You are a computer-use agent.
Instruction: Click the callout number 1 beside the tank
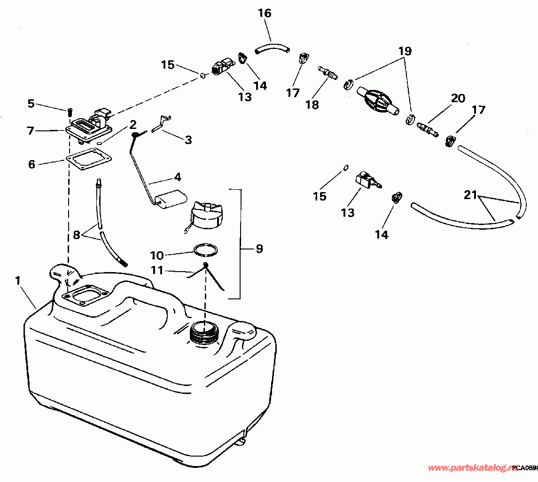point(18,281)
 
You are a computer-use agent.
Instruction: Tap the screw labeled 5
point(69,112)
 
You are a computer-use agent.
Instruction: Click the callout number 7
point(31,130)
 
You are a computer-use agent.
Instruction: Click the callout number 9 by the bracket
point(259,249)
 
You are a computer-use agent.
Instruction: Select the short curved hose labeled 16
point(273,47)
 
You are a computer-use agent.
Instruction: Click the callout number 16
point(265,13)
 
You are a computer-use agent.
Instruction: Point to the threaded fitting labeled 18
point(328,73)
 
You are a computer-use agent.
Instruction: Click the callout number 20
point(458,98)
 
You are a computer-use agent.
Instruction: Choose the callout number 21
point(470,195)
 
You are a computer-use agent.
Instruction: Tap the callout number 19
point(405,51)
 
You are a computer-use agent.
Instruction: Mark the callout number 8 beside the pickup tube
point(76,234)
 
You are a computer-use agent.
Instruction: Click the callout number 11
point(156,270)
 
